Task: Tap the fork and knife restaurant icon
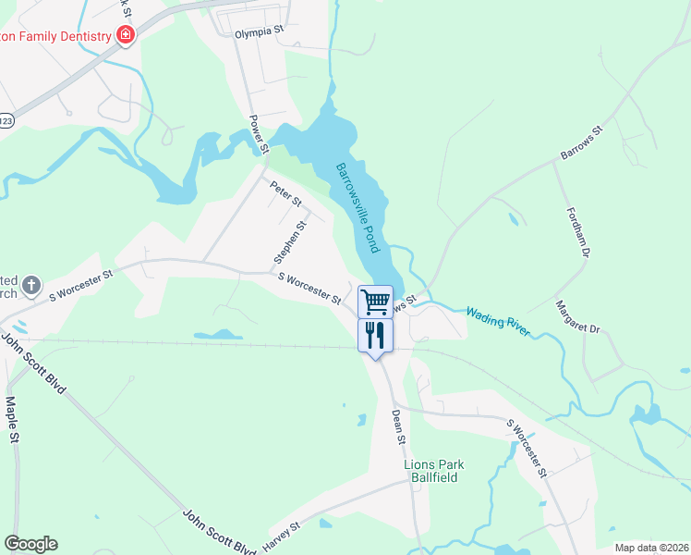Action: pyautogui.click(x=375, y=334)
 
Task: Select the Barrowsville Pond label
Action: pyautogui.click(x=358, y=209)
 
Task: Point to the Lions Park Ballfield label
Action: pyautogui.click(x=432, y=471)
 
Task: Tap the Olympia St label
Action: pyautogui.click(x=257, y=31)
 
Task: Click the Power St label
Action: pyautogui.click(x=258, y=134)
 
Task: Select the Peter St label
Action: pyautogui.click(x=286, y=194)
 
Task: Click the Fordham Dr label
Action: pyautogui.click(x=577, y=232)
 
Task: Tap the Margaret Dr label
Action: pyautogui.click(x=577, y=316)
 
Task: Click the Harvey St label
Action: pyautogui.click(x=282, y=534)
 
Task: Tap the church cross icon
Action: pyautogui.click(x=30, y=285)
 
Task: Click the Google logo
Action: pyautogui.click(x=30, y=544)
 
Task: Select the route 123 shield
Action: pyautogui.click(x=6, y=120)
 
